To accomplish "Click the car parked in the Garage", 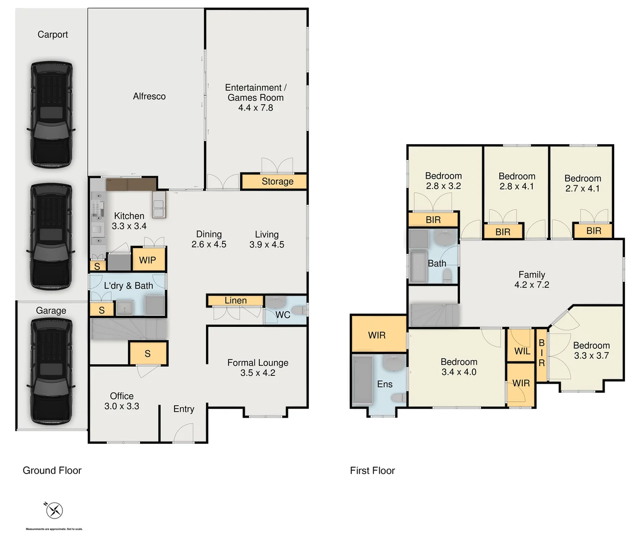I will pos(51,371).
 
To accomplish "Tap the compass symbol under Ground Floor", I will pos(54,510).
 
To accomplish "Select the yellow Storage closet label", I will pos(277,182).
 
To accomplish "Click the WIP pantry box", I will pos(148,260).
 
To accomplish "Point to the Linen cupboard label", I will pos(235,300).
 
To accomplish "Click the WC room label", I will pos(283,315).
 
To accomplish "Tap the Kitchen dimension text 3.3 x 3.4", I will pos(129,226).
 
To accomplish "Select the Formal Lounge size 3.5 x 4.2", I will pos(257,373).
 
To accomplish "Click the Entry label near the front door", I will pos(184,409).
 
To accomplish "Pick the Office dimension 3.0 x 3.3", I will pos(122,406).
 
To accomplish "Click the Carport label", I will pos(52,34).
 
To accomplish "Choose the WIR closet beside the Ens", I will pos(377,335).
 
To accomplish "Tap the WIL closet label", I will pos(522,351).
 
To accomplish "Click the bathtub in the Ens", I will pos(363,380).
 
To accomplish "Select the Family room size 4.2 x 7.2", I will pos(532,285).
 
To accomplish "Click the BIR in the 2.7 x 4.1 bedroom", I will pos(594,231).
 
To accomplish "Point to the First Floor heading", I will pos(372,471).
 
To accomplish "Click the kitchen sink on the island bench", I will pos(159,209).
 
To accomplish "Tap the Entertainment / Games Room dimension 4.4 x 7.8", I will pos(255,108).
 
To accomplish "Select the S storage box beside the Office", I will pos(148,353).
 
